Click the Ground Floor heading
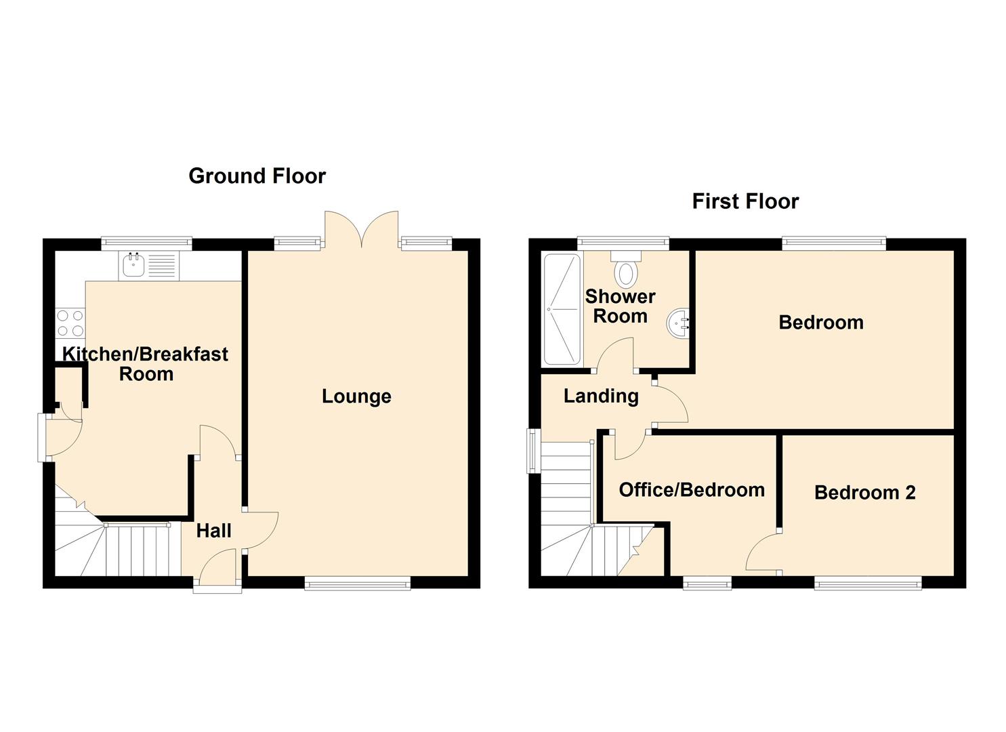tap(257, 176)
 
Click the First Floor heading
tap(745, 201)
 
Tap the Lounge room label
tap(356, 396)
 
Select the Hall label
tap(214, 531)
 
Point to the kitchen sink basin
tap(133, 265)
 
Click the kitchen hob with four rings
tap(70, 323)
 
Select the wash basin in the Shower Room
tap(679, 323)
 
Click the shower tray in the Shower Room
tap(562, 310)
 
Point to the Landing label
tap(601, 396)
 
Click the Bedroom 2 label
tap(865, 493)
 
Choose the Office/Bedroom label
tap(692, 490)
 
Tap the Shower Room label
tap(621, 306)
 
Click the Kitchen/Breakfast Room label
tap(146, 364)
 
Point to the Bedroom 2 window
tap(868, 584)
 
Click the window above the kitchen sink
tap(146, 243)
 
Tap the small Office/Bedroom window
tap(707, 584)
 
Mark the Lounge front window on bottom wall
tap(358, 584)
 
